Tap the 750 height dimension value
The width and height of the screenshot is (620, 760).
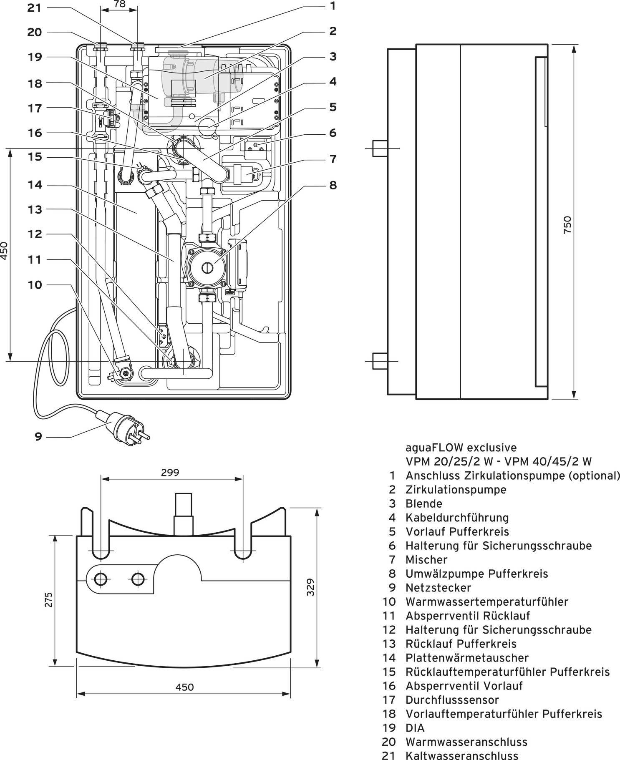coord(567,224)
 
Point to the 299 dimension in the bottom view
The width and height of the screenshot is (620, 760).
coord(170,473)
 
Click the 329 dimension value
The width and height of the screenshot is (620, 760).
coord(310,587)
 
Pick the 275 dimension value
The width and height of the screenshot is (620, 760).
coord(48,599)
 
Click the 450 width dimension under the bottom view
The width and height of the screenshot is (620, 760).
coord(184,687)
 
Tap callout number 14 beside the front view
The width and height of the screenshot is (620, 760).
coord(35,185)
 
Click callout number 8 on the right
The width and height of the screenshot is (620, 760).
coord(333,185)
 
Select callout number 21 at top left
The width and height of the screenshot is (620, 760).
coord(35,8)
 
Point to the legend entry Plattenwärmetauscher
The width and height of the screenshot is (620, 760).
coord(467,658)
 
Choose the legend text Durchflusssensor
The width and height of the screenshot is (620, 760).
coord(452,700)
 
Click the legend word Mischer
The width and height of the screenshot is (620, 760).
coord(426,560)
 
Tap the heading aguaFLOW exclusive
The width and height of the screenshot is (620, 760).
coord(461,448)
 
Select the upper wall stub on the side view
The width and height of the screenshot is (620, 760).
coord(380,148)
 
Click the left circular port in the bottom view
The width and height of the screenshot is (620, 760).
coord(101,579)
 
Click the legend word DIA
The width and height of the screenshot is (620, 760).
coord(415,728)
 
